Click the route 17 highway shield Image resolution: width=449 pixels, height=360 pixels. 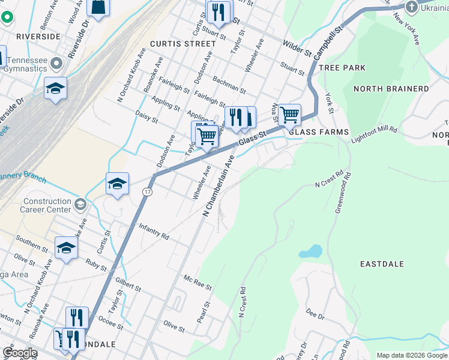pos(146,191)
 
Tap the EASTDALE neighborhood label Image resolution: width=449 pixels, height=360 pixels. pos(382,264)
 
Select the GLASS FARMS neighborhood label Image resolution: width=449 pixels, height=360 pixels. pos(318,132)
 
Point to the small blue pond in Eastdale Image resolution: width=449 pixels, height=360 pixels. pos(310,251)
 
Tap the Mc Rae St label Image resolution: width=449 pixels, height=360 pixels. pos(198,283)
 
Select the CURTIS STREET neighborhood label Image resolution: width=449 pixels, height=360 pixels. pos(182,44)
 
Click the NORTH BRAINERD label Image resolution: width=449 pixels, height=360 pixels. pos(391,89)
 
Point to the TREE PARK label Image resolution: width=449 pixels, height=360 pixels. pos(342,68)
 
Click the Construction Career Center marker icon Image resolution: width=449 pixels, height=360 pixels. pos(79,206)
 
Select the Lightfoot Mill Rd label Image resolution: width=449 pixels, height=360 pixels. pos(374,133)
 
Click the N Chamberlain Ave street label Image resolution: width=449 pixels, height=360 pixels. pos(218,186)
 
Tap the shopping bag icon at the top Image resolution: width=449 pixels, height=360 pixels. pos(98,7)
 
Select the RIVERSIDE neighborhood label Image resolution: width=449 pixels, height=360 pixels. pos(38,37)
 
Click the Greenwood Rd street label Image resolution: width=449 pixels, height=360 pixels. pos(343,193)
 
